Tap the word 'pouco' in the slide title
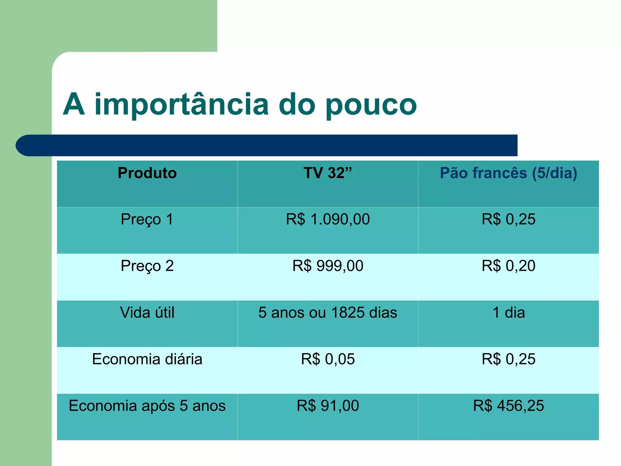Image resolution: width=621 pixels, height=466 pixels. pos(371,105)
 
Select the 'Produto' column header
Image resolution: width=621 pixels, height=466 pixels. pos(147,173)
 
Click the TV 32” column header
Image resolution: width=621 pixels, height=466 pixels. pos(327,173)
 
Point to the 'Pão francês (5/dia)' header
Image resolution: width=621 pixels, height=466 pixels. pos(509,173)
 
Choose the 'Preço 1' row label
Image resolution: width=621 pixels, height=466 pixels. pos(147,219)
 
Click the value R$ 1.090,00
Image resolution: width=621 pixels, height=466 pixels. pos(328,219)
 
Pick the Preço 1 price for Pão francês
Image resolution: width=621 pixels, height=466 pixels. pos(509,219)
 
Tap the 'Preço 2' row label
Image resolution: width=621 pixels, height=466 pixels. pos(147,266)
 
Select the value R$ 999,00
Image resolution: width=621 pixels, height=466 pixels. pos(328,266)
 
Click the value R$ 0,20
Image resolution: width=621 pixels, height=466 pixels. pos(509,266)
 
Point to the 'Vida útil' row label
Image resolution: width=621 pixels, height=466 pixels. pos(147,312)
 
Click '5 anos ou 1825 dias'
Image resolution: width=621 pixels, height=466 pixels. pos(328,312)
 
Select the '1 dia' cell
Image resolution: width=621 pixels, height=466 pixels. pos(509,312)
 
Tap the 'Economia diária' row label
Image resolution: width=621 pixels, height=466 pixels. pos(147,359)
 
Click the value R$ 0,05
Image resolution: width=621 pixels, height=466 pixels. pos(328,359)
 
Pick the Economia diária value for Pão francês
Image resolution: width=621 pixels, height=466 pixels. pos(509,359)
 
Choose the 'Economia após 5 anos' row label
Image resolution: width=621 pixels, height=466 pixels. pos(147,406)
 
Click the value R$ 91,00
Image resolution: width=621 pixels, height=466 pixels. pos(328,406)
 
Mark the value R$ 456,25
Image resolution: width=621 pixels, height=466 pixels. pos(509,406)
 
